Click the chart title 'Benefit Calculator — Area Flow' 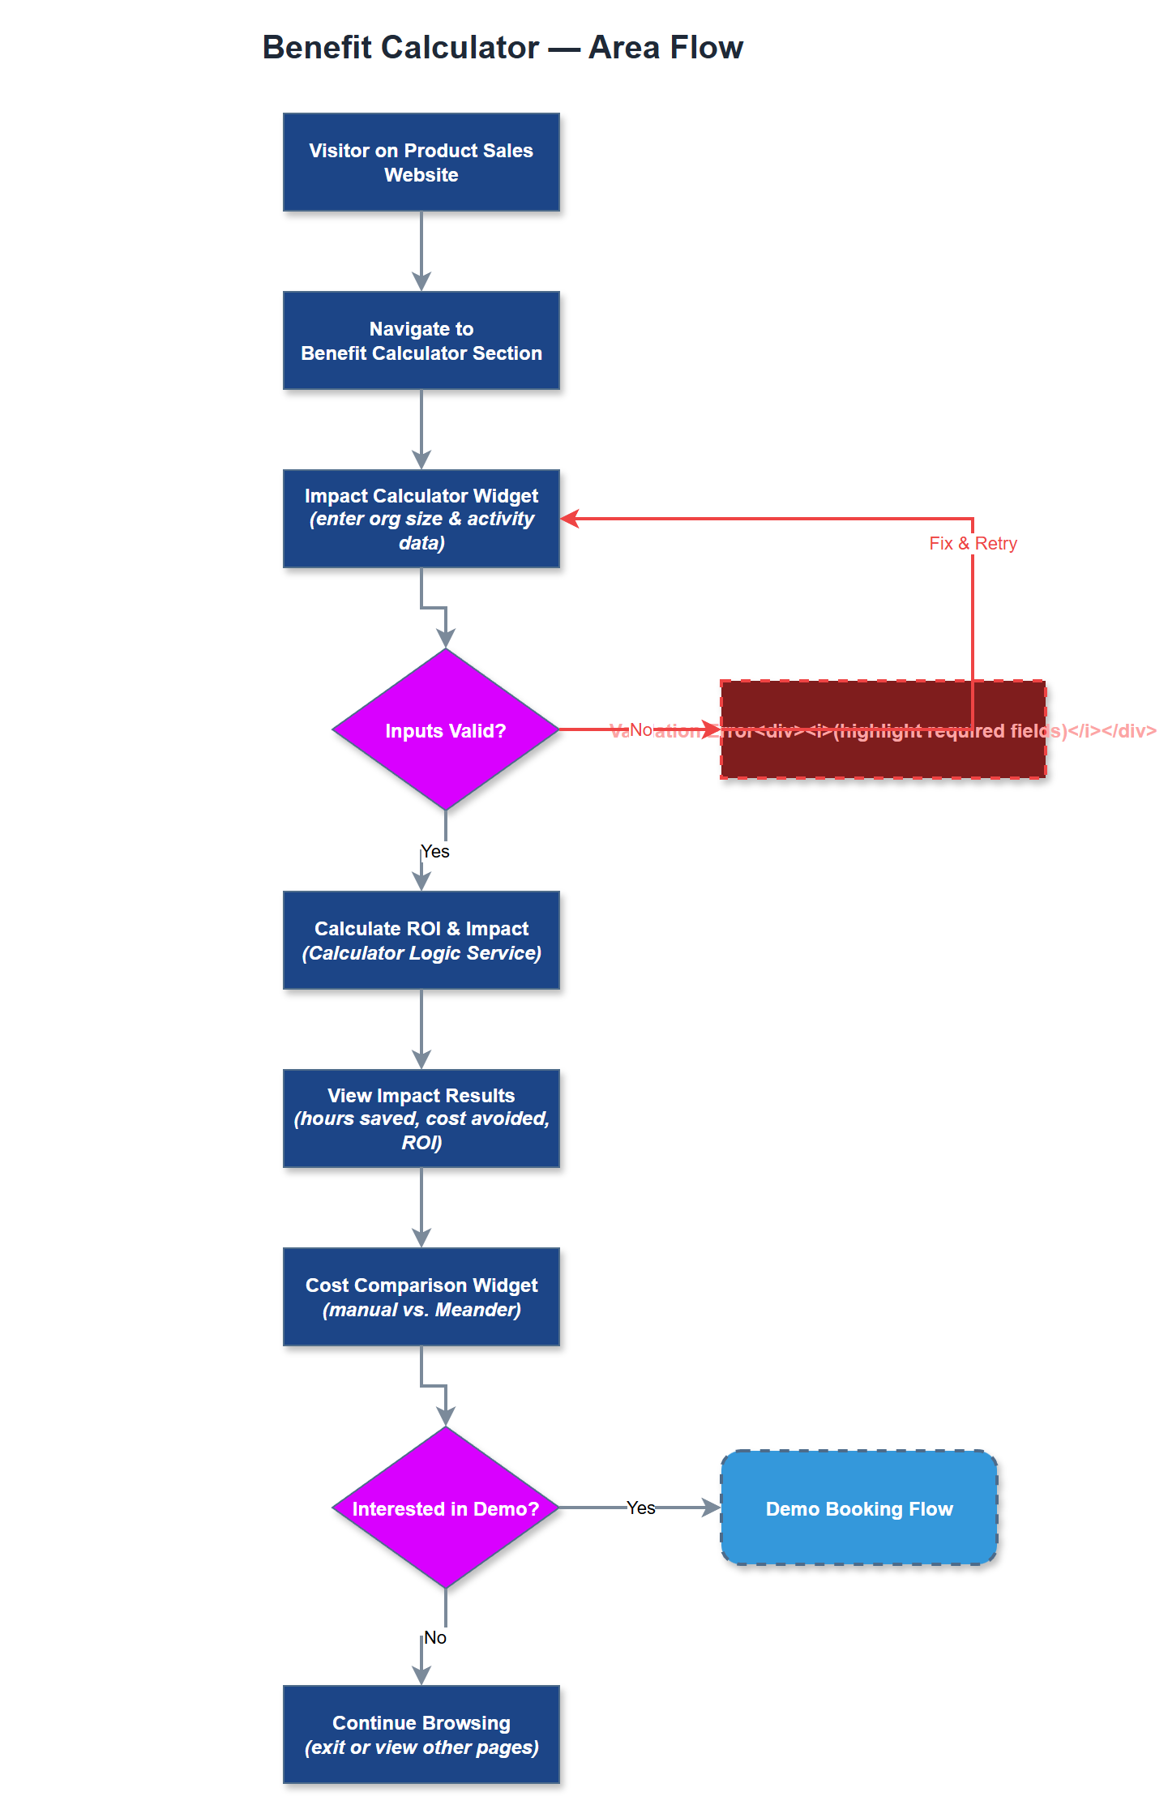(x=503, y=47)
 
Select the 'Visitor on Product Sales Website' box (x=421, y=162)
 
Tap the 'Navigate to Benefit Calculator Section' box (x=421, y=340)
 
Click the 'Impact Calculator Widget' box (x=421, y=519)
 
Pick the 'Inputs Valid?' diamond (x=445, y=729)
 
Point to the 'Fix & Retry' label (x=973, y=543)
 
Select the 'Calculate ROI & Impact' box (x=421, y=940)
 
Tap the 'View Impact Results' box (x=421, y=1119)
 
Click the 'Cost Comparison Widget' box (x=421, y=1297)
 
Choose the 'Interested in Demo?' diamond (x=445, y=1508)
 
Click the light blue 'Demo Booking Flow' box (x=859, y=1508)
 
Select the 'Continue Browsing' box (x=421, y=1734)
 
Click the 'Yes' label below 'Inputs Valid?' (x=435, y=851)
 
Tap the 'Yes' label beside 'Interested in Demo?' (x=640, y=1508)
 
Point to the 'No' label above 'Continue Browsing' (x=435, y=1637)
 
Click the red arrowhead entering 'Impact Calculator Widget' (x=570, y=519)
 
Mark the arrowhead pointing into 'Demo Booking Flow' (x=712, y=1508)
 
